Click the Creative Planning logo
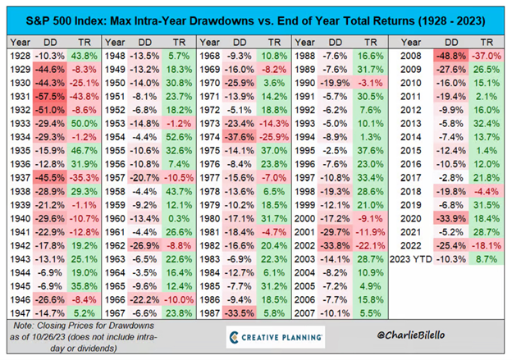point(275,337)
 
